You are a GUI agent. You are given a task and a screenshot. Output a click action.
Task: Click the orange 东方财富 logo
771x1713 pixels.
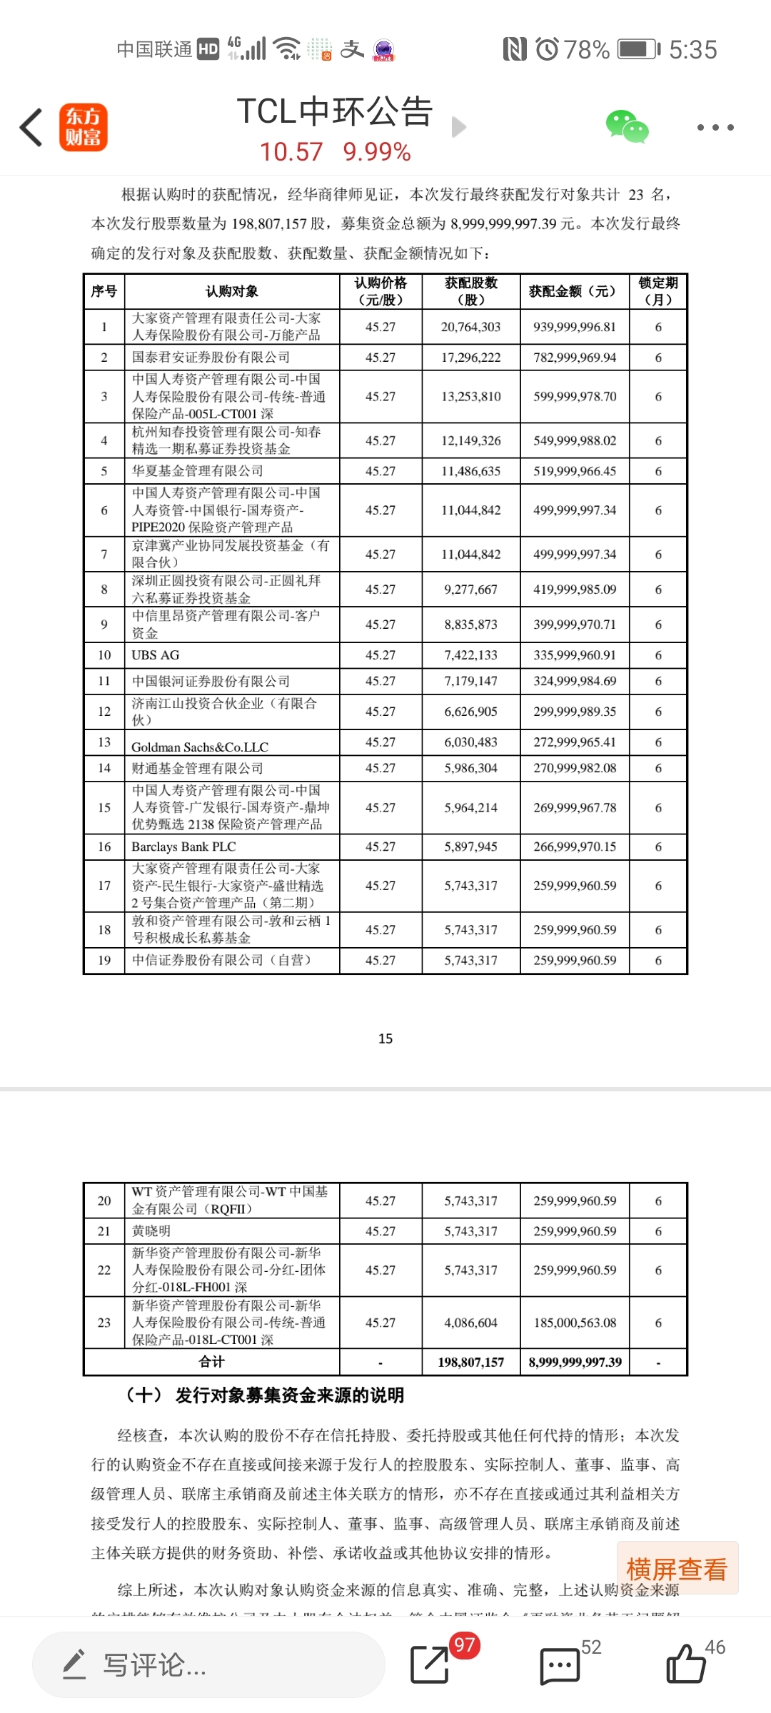click(84, 128)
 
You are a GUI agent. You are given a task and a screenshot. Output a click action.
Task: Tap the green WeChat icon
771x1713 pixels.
click(627, 127)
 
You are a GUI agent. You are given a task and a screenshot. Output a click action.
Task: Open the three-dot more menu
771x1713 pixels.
click(715, 128)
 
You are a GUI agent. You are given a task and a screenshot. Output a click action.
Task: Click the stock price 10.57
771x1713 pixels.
click(291, 152)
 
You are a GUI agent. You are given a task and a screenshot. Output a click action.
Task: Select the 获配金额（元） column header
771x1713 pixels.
click(574, 291)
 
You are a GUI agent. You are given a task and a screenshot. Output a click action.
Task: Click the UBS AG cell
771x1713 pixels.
click(156, 655)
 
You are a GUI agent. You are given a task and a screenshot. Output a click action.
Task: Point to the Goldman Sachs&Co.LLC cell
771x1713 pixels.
click(200, 747)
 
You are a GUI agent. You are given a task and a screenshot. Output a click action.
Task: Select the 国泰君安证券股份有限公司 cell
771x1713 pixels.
click(211, 357)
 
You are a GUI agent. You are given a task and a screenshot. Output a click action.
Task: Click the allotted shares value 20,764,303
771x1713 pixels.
click(470, 327)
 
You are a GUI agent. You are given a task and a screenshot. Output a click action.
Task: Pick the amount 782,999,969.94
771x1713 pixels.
click(575, 357)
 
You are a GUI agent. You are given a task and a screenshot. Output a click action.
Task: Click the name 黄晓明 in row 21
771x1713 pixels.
click(151, 1231)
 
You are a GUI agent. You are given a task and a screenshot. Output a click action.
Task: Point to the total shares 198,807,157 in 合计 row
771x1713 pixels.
click(470, 1362)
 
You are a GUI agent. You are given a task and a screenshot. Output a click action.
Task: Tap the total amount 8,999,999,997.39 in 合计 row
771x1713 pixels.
click(575, 1362)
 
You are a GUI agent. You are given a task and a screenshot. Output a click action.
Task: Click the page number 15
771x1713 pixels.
click(385, 1039)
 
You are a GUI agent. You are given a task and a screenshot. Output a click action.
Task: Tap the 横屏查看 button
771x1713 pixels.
click(676, 1569)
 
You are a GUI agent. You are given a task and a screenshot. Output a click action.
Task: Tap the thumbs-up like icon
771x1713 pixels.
click(685, 1664)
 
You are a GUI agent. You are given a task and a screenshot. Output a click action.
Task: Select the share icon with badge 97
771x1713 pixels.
click(430, 1664)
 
